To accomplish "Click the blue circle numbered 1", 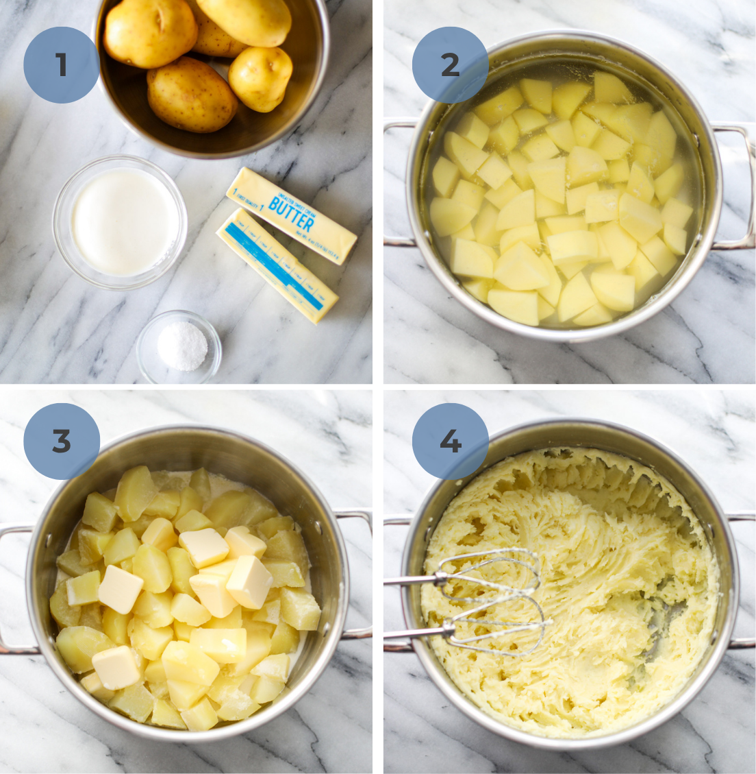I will click(x=62, y=65).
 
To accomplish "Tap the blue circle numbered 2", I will click(x=450, y=65).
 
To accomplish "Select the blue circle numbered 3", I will click(x=62, y=442).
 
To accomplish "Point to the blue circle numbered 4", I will click(x=450, y=442).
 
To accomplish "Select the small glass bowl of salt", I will click(x=179, y=347).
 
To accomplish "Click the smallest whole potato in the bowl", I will click(x=260, y=77).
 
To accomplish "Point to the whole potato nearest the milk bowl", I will click(x=191, y=95).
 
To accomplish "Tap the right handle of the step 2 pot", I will click(x=737, y=185).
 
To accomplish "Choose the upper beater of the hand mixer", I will click(x=490, y=572).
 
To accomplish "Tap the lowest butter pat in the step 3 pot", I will click(x=116, y=667).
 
